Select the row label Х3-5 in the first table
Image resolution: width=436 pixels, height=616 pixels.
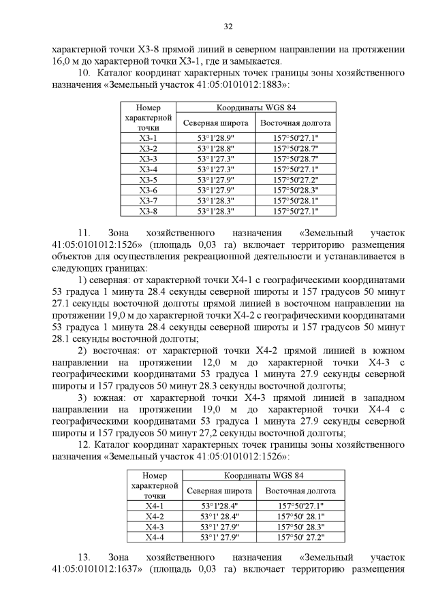coord(148,180)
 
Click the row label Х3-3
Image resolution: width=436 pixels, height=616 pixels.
coord(148,159)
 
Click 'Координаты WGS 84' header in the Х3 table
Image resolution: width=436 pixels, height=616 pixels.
coord(256,108)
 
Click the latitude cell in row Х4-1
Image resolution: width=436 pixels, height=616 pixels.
coord(219,506)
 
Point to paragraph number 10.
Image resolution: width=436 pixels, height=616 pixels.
coord(85,71)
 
